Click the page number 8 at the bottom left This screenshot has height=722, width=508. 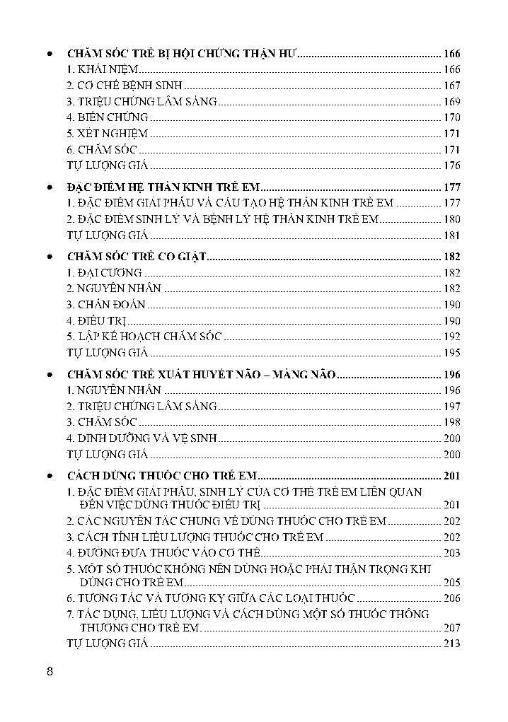tap(50, 672)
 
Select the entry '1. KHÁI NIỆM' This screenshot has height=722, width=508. tap(102, 69)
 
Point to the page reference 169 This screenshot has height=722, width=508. tap(451, 101)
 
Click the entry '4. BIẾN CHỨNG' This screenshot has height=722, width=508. tap(107, 117)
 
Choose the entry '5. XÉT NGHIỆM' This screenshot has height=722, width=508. tap(107, 134)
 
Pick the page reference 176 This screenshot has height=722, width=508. tap(451, 165)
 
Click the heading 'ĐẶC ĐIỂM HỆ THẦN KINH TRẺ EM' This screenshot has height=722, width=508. tap(163, 187)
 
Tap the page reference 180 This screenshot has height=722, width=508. tap(451, 219)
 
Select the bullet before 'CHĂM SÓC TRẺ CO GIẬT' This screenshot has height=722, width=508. tap(48, 257)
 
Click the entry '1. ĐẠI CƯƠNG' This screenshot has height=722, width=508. tap(104, 273)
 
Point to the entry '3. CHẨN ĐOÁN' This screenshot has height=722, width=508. tap(106, 305)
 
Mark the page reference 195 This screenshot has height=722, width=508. tap(451, 352)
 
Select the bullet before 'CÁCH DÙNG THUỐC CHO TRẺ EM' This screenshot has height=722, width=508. tap(48, 474)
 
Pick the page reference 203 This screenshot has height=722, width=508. tap(451, 553)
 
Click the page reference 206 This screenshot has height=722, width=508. tap(451, 598)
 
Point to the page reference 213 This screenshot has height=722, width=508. tap(451, 644)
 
